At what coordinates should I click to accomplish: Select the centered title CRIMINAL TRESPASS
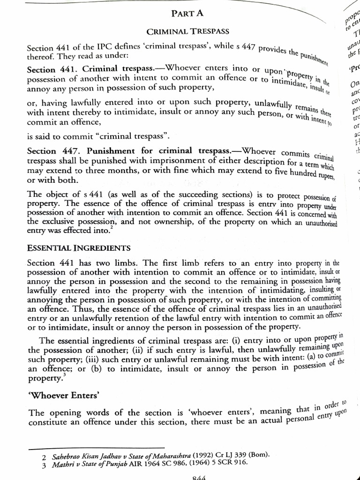pos(188,32)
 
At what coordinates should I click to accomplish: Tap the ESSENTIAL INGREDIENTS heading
pos(79,247)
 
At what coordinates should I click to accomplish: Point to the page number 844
pos(200,477)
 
